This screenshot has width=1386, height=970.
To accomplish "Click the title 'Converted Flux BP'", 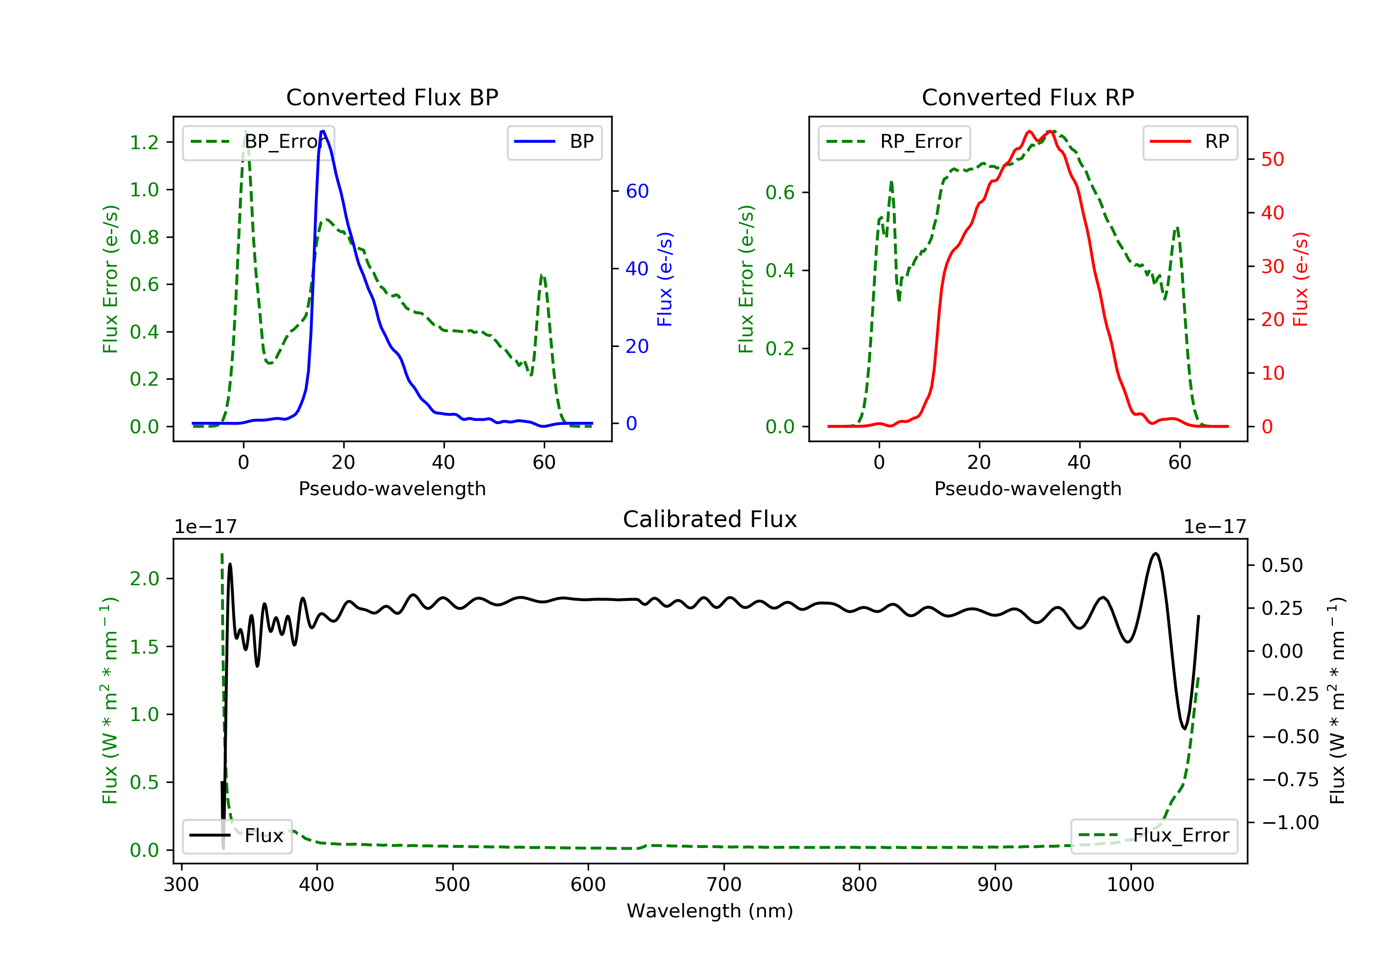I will (x=392, y=97).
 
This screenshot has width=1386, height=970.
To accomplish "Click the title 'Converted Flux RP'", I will (x=1027, y=97).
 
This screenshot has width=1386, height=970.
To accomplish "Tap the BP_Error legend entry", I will (x=258, y=142).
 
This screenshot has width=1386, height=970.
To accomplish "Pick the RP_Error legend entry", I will (x=894, y=142).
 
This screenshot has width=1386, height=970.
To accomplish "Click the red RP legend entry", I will (x=1190, y=142).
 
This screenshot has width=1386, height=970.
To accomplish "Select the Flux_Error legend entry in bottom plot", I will (x=1154, y=836).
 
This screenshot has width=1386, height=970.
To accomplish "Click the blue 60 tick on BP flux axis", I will (x=637, y=191).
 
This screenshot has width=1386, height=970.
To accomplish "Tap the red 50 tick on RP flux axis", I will (x=1272, y=159).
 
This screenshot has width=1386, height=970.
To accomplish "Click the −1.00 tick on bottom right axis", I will (x=1290, y=823).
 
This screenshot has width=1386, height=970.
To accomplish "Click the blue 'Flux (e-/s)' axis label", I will (x=665, y=279).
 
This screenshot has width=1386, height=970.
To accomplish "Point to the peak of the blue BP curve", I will (x=323, y=131).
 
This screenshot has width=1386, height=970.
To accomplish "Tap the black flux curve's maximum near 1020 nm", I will (x=1155, y=553).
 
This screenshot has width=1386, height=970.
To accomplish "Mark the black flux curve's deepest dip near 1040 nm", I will (x=1185, y=728).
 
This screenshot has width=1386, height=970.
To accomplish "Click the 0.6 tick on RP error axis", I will (x=780, y=193).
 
